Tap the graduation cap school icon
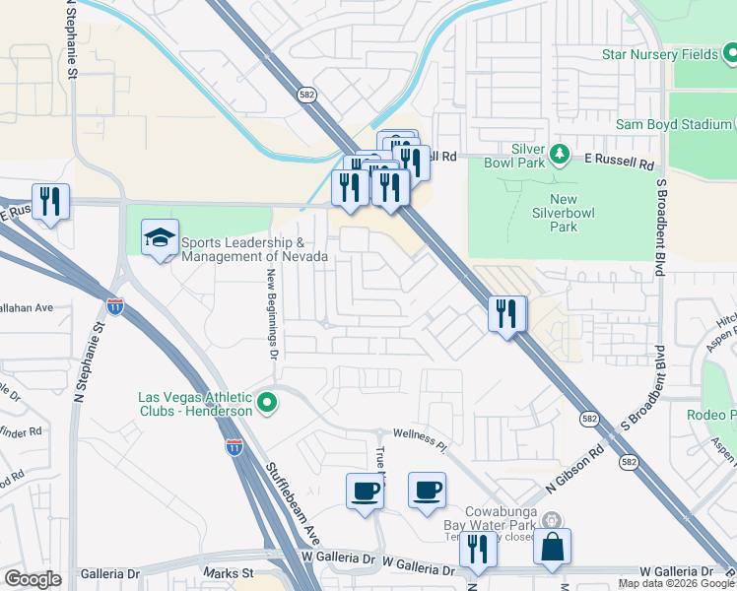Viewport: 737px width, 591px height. click(x=161, y=238)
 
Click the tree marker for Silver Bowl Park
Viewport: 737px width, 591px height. click(x=560, y=154)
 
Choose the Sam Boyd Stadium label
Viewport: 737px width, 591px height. click(x=673, y=124)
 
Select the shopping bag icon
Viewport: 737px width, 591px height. click(x=553, y=547)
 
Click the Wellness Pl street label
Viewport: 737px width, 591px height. click(x=420, y=439)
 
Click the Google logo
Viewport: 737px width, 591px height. click(x=33, y=578)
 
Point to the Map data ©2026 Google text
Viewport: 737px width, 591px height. click(x=676, y=583)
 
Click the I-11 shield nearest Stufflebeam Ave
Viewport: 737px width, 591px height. click(x=234, y=447)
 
